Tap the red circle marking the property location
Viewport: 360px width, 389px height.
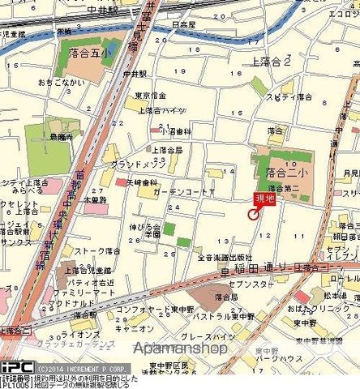252,214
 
